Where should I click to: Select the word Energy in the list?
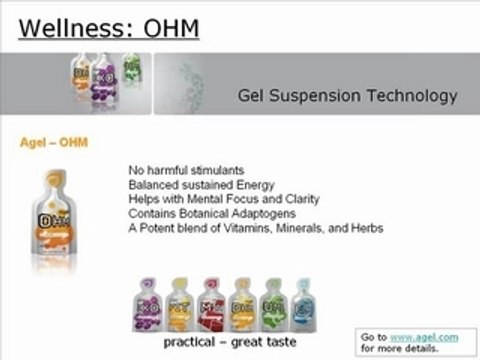point(268,185)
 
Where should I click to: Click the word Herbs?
point(365,227)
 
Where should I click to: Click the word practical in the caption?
point(187,341)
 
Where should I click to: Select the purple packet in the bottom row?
point(150,301)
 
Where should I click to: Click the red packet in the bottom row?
point(212,301)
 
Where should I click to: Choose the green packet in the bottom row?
point(273,301)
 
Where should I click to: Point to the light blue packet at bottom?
point(303,301)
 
